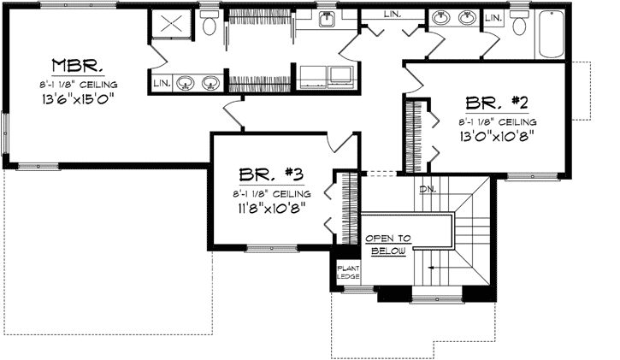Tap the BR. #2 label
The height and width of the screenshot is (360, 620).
tap(496, 103)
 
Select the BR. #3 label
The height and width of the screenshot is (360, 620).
tap(271, 174)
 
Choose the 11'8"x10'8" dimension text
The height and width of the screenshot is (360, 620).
tap(270, 206)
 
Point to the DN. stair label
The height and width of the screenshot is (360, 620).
tap(428, 190)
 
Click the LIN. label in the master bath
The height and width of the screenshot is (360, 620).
tap(161, 84)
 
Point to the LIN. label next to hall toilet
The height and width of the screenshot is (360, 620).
tap(494, 17)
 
